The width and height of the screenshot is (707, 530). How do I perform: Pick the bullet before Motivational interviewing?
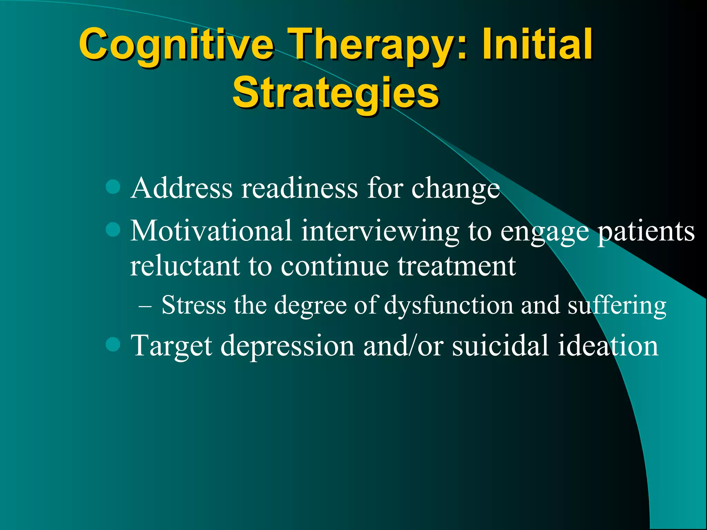tap(113, 229)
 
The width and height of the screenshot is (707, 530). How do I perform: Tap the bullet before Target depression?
tap(113, 344)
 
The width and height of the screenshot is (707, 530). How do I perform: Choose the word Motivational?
tap(211, 231)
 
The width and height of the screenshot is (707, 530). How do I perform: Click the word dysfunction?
tap(448, 306)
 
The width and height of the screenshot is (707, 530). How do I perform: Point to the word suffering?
tap(617, 306)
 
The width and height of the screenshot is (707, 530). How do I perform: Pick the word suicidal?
tap(500, 345)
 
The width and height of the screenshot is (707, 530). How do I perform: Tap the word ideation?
tap(608, 345)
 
